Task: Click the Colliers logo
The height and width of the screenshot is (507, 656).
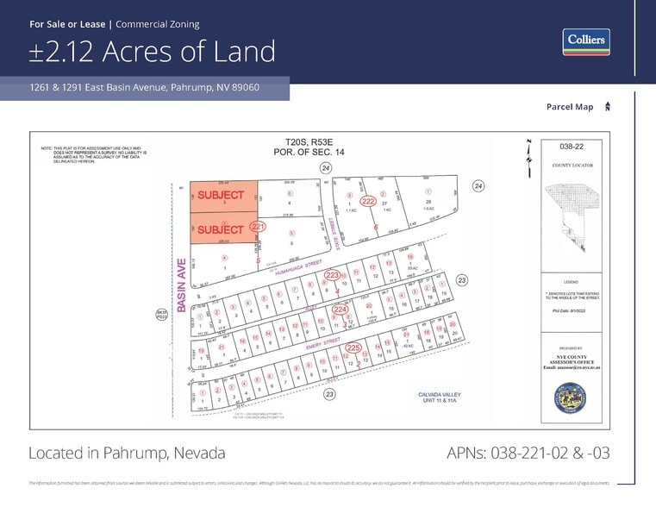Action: pyautogui.click(x=586, y=41)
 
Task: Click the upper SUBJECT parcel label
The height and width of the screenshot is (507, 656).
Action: pyautogui.click(x=221, y=196)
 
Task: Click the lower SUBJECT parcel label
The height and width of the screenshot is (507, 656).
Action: pyautogui.click(x=221, y=229)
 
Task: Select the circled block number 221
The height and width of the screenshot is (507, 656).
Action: pyautogui.click(x=257, y=226)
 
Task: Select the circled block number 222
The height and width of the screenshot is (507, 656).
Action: pyautogui.click(x=368, y=201)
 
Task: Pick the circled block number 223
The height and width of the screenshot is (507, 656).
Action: pyautogui.click(x=332, y=275)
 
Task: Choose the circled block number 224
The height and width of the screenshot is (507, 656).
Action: pyautogui.click(x=340, y=309)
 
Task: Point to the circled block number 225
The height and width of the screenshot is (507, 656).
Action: pyautogui.click(x=353, y=347)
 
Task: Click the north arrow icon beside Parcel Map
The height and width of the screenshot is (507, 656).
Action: pyautogui.click(x=608, y=106)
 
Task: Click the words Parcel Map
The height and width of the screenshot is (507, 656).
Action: pyautogui.click(x=570, y=107)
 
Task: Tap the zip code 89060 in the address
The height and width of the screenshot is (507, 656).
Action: pyautogui.click(x=242, y=88)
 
